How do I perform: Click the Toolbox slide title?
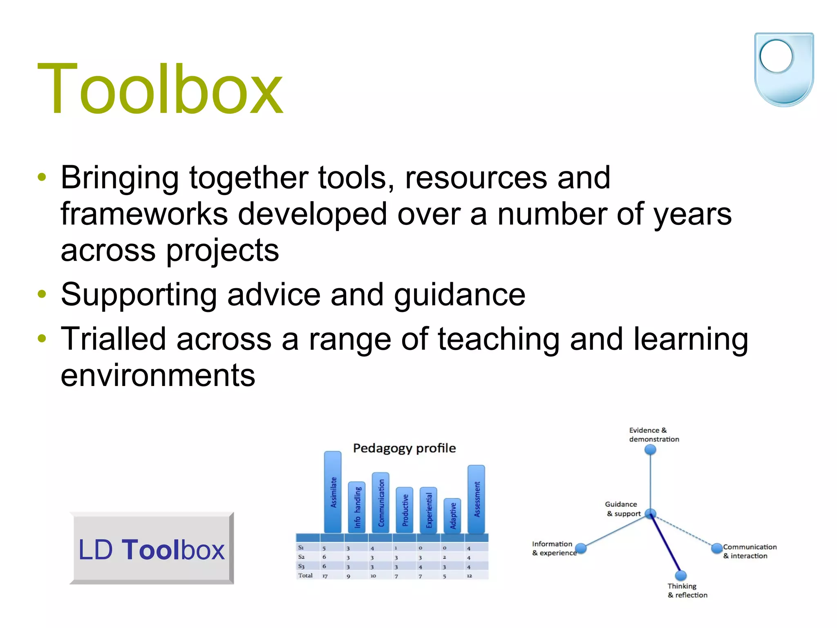tap(160, 89)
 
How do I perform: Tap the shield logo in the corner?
tap(783, 70)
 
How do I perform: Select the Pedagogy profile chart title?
tap(404, 448)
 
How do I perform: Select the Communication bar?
tap(380, 502)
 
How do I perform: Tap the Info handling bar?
tap(357, 507)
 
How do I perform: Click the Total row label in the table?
tap(305, 575)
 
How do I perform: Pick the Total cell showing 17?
tap(325, 576)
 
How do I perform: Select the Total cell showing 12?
tap(469, 576)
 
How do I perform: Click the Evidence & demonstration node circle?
tap(650, 450)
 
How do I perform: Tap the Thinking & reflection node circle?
tap(680, 576)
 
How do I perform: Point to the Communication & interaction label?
tap(749, 551)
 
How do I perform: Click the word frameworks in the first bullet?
tap(144, 214)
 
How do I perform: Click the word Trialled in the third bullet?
tap(113, 339)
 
